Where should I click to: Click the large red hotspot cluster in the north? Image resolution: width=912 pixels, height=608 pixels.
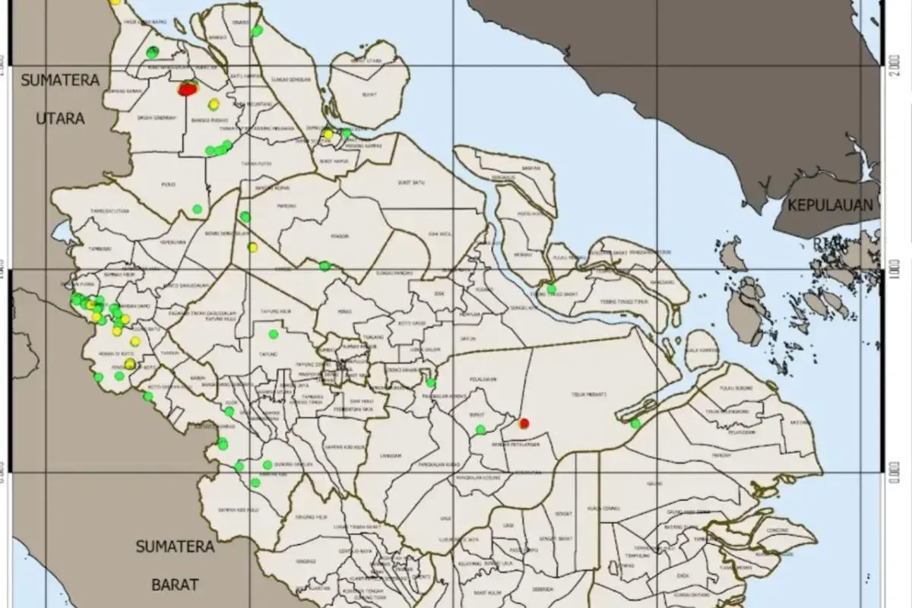pos(187,89)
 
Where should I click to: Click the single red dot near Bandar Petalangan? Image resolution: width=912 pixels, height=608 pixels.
pos(524,423)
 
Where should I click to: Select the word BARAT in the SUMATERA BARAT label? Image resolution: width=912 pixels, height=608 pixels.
pos(175,584)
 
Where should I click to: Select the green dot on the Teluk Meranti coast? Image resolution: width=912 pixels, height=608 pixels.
pos(635,423)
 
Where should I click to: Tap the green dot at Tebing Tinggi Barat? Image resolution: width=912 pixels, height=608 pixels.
pos(551,289)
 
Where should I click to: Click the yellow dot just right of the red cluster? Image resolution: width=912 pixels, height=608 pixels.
pos(214,104)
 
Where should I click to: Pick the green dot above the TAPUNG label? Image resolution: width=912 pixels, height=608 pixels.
pos(273,334)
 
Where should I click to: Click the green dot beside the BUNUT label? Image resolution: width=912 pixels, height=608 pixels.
pos(480,430)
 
